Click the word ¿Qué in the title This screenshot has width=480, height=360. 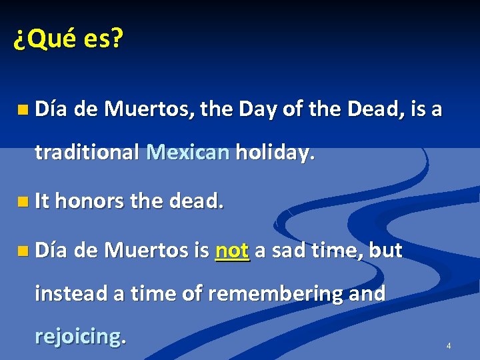(45, 40)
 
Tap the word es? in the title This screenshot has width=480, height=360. (103, 40)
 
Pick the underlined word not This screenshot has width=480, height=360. (233, 251)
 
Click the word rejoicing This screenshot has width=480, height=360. (80, 336)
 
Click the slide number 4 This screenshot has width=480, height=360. (449, 346)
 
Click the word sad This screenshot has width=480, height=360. (287, 251)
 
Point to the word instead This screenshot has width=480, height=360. (73, 293)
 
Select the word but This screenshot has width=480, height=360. (385, 251)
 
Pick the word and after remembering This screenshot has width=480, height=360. (367, 293)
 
